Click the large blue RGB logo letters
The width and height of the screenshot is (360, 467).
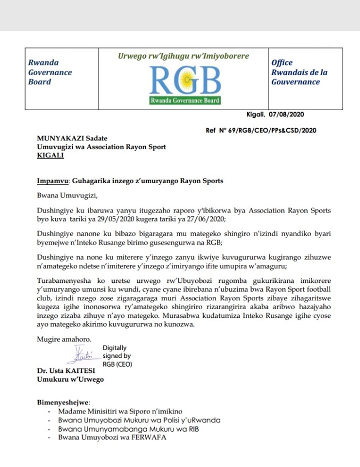[185, 81]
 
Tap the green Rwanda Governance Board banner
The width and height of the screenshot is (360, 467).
[185, 100]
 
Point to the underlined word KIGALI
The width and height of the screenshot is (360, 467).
[50, 155]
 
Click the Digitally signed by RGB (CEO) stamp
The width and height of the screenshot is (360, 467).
[117, 356]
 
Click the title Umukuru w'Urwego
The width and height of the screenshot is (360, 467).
[70, 380]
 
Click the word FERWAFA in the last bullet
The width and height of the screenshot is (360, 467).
[149, 438]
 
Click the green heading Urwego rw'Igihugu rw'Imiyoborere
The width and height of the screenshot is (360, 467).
[184, 56]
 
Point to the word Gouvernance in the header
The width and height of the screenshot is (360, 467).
[295, 82]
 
